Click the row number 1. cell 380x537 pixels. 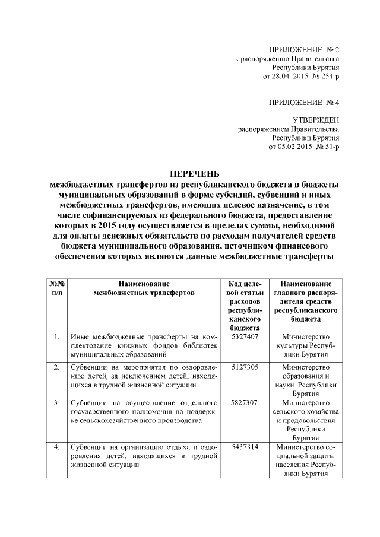click(56, 337)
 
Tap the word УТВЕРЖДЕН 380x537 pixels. click(316, 119)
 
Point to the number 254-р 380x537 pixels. click(328, 77)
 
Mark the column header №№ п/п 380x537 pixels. click(56, 288)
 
